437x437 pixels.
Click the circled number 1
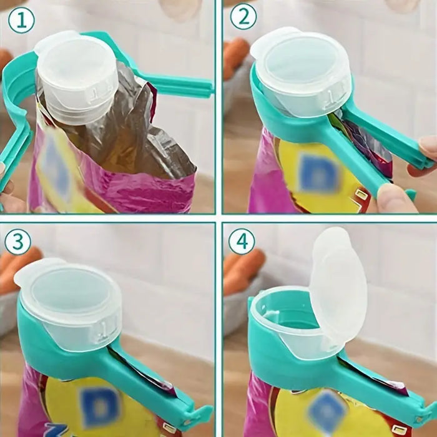(21, 21)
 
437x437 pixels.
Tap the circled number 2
(243, 17)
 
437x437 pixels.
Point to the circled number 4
(241, 240)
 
